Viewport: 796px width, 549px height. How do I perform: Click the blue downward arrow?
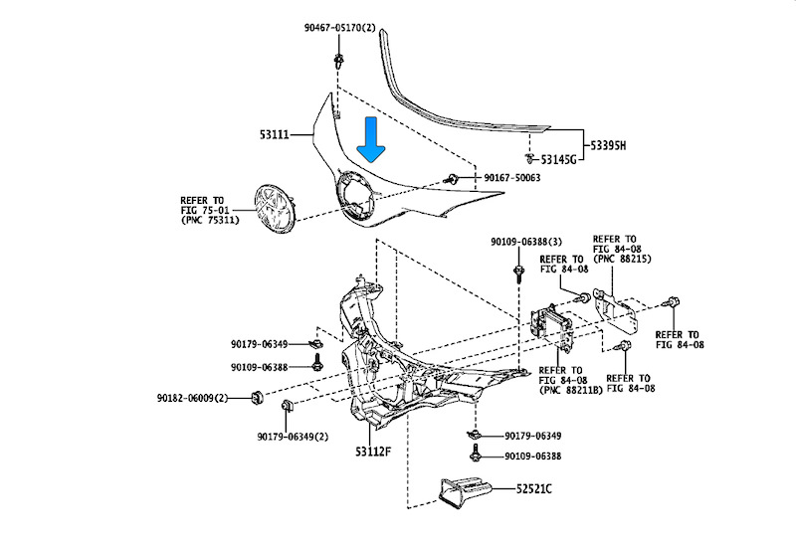point(373,139)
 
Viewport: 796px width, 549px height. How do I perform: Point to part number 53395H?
point(609,145)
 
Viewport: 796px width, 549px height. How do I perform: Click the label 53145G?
point(558,159)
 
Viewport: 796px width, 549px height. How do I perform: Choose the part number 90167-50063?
point(512,177)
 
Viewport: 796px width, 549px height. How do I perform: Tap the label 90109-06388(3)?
point(525,242)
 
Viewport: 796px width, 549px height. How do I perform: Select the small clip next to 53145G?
point(529,158)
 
